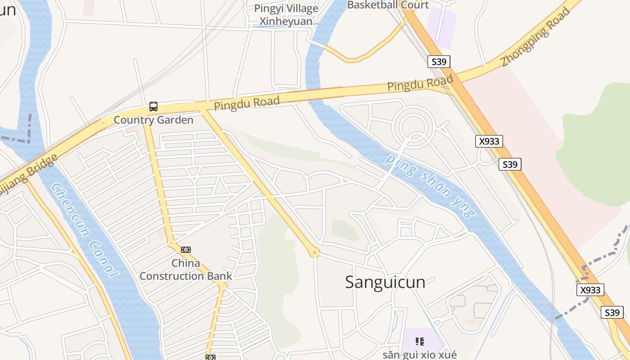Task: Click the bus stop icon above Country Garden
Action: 153,107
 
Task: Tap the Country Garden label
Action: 153,120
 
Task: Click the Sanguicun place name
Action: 385,282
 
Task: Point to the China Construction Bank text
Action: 185,270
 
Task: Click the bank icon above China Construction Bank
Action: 185,250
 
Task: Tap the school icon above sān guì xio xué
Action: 419,342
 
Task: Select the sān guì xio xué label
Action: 419,355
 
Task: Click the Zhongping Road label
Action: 535,37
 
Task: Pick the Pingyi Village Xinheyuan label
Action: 286,15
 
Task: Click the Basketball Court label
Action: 387,5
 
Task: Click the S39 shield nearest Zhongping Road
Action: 439,62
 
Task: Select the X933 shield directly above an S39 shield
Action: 489,141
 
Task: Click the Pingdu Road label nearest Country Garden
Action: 247,103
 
